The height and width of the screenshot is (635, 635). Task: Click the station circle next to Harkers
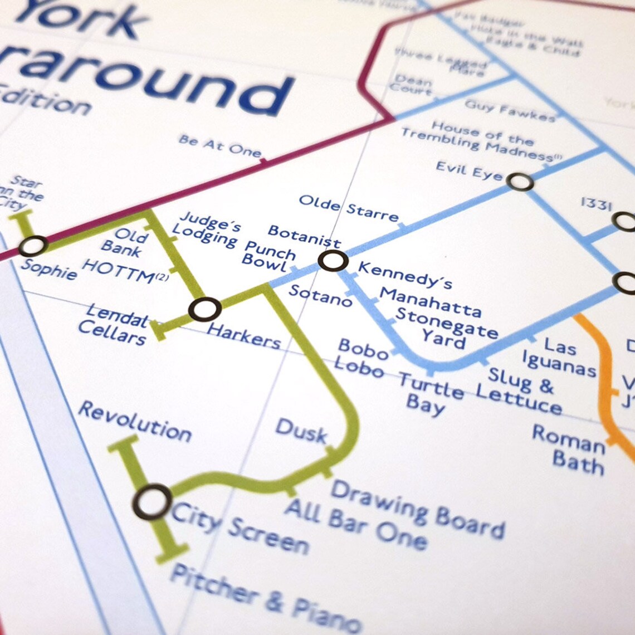(204, 309)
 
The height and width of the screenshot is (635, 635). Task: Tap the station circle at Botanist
(333, 261)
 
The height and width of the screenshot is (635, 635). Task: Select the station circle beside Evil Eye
(520, 182)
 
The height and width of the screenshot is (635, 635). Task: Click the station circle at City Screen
(152, 502)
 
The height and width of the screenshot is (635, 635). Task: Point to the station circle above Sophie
(33, 246)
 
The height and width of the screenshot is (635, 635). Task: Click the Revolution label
(135, 422)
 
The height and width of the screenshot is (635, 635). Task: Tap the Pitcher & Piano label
(265, 598)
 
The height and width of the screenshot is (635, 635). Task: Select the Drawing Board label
(418, 510)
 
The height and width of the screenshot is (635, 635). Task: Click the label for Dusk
(301, 430)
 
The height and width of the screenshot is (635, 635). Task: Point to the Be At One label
(220, 146)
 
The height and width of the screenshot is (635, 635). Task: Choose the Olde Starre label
(349, 208)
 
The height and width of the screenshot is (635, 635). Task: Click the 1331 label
(596, 204)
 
